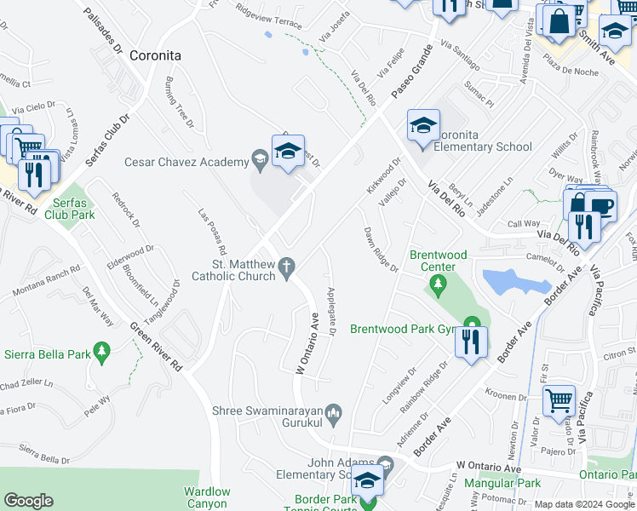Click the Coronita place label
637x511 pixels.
click(x=156, y=55)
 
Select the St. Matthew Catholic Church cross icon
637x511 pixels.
click(x=288, y=267)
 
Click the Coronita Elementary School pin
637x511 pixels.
click(x=423, y=128)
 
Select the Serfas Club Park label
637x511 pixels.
click(x=72, y=209)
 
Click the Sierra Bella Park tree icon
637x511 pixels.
click(x=102, y=351)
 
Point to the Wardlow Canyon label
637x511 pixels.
click(x=207, y=497)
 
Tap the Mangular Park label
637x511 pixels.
click(x=502, y=483)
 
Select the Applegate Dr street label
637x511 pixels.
click(x=331, y=312)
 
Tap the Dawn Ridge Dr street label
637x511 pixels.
click(x=381, y=250)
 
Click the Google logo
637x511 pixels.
click(x=28, y=500)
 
